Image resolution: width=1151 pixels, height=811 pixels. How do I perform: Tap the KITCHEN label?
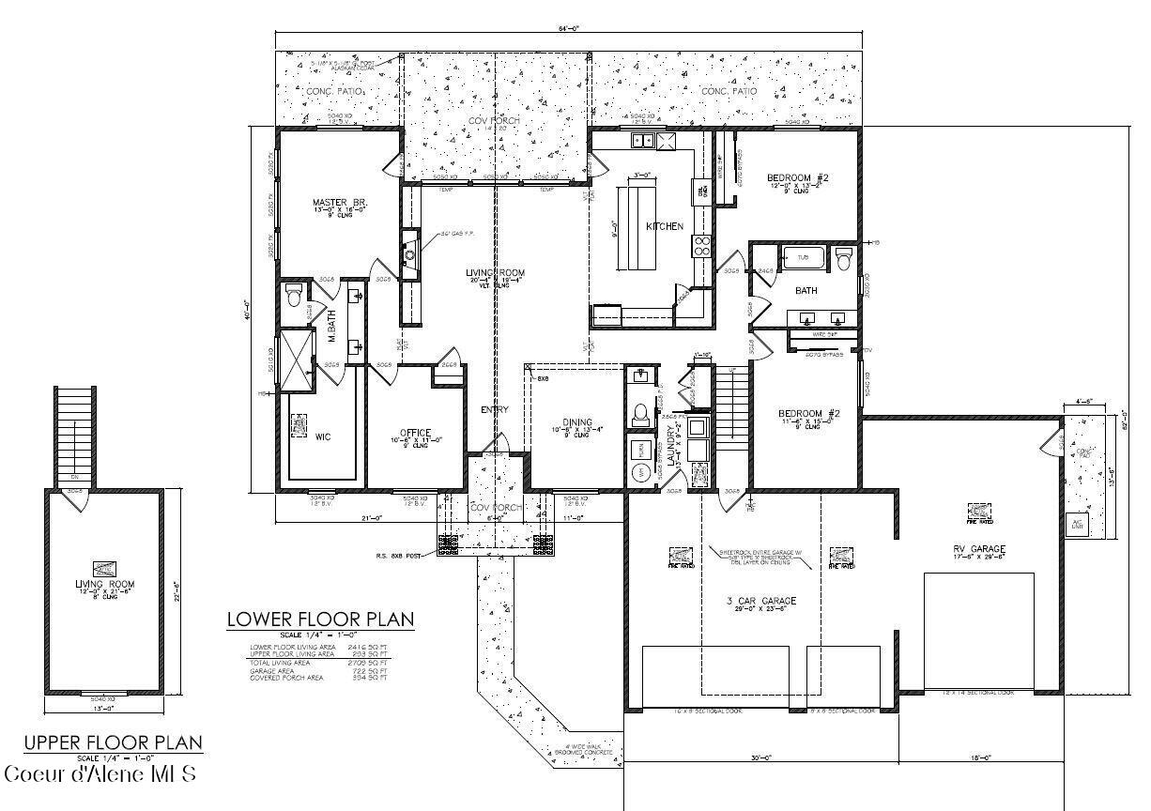pyautogui.click(x=664, y=226)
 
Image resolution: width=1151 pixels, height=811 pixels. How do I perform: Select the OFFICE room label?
pyautogui.click(x=414, y=433)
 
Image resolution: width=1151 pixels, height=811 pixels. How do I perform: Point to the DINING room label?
pyautogui.click(x=577, y=422)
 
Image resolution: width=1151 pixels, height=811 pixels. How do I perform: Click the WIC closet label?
pyautogui.click(x=323, y=436)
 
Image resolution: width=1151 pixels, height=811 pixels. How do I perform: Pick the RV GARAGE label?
pyautogui.click(x=978, y=549)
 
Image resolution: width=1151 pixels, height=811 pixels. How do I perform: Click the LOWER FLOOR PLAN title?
pyautogui.click(x=320, y=620)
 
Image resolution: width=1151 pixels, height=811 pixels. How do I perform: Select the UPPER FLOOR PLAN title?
pyautogui.click(x=113, y=743)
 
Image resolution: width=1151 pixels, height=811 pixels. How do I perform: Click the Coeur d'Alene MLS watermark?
pyautogui.click(x=100, y=774)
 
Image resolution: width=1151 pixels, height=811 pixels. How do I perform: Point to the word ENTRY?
pyautogui.click(x=495, y=409)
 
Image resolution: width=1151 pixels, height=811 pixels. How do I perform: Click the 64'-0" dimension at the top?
pyautogui.click(x=568, y=29)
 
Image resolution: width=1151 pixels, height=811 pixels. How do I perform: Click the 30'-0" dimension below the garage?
pyautogui.click(x=760, y=757)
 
